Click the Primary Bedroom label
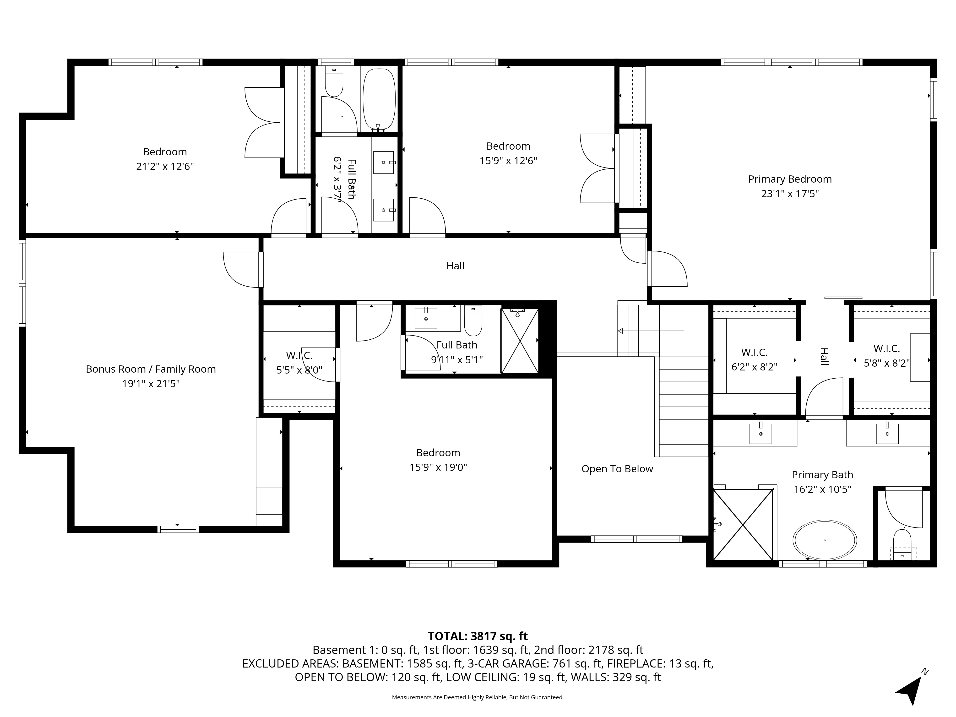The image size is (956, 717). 790,179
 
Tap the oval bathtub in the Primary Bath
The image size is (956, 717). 825,540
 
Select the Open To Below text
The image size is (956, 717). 617,469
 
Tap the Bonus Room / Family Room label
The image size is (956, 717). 151,369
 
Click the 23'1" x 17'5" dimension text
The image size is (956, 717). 790,194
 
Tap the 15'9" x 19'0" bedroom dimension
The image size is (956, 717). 438,467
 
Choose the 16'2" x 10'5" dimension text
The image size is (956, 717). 822,489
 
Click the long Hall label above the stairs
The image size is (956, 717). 455,266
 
